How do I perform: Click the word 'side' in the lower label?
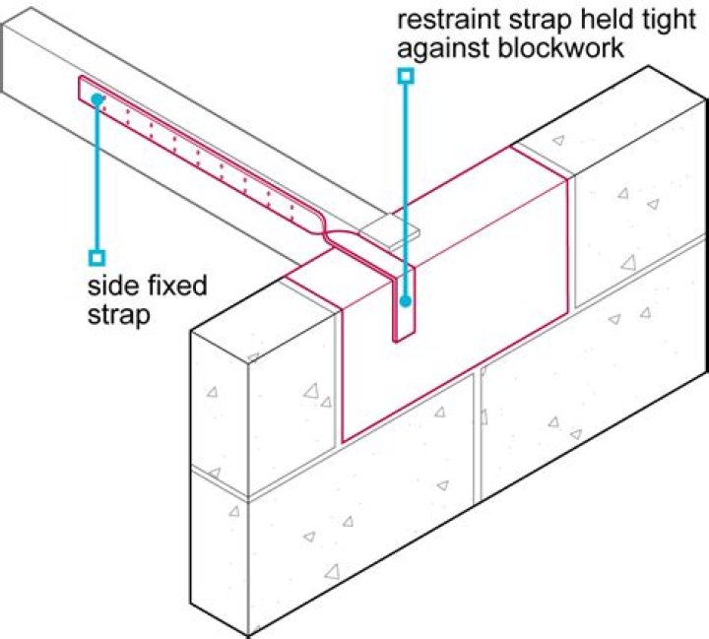(x=107, y=288)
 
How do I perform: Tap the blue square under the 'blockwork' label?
(x=404, y=75)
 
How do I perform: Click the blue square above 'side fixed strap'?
(x=97, y=258)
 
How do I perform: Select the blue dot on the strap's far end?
(x=97, y=98)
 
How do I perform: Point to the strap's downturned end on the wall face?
(x=405, y=310)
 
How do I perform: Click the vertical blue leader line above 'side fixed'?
(x=97, y=177)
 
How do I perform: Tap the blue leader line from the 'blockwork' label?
(x=404, y=177)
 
